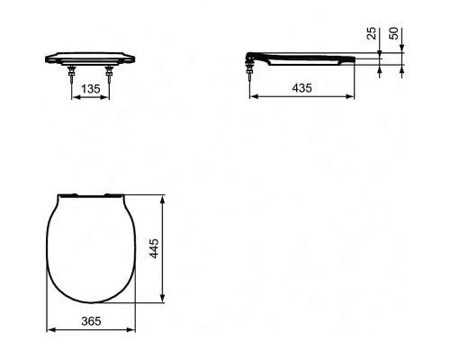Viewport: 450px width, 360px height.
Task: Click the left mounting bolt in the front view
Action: click(70, 75)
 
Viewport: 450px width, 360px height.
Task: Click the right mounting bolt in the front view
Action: click(109, 75)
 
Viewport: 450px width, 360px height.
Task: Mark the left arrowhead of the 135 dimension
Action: click(72, 100)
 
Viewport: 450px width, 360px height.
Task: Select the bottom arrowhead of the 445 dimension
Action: click(162, 299)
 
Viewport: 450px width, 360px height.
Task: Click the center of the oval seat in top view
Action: click(89, 247)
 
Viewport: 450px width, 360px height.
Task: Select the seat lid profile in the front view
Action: click(89, 55)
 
